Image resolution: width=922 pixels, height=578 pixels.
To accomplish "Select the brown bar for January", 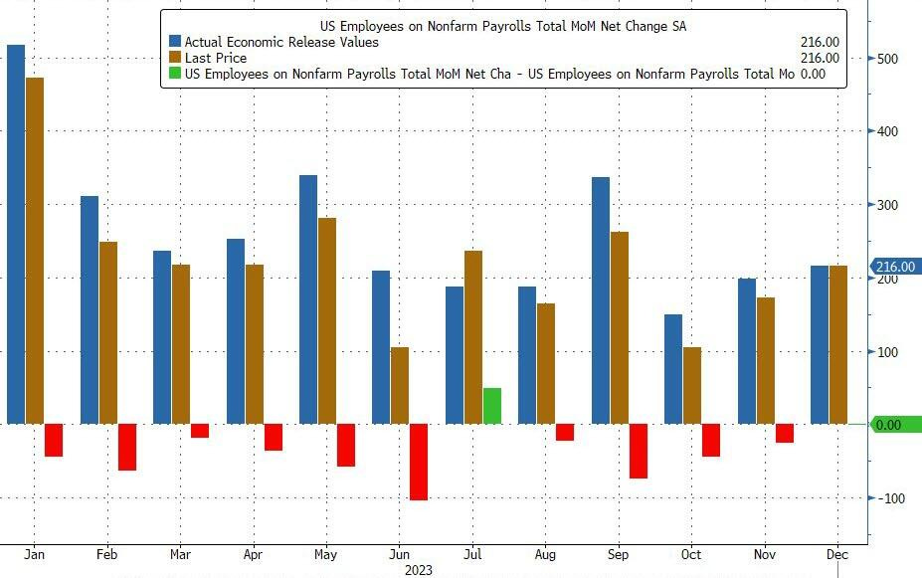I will [x=35, y=251].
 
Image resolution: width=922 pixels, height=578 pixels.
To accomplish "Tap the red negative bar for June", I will [x=419, y=462].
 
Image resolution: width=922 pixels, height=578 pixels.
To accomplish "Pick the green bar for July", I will [x=492, y=406].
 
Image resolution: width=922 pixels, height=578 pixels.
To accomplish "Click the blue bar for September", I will [x=601, y=300].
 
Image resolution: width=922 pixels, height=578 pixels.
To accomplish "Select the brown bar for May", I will [x=327, y=320].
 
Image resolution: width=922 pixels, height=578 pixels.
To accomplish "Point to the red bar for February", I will [x=126, y=447].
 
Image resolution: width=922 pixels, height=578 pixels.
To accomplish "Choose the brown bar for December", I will [x=838, y=344].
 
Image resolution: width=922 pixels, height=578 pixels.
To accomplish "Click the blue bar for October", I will [x=674, y=369].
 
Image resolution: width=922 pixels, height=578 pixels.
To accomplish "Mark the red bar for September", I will [x=638, y=451].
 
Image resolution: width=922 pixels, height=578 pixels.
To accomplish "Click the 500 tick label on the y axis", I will [x=889, y=59].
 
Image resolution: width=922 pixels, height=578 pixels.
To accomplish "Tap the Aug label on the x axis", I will [x=545, y=554].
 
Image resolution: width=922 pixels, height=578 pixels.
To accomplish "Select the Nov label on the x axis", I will [x=765, y=554].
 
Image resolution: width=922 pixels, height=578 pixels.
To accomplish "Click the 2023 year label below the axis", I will [x=419, y=570].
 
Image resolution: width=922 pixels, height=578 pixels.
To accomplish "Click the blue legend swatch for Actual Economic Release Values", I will [x=175, y=43].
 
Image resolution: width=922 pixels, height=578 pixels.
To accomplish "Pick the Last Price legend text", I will [x=216, y=58].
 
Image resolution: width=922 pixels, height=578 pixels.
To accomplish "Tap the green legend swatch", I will [x=175, y=74].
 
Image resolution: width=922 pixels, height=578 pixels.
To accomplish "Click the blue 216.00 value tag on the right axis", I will [x=895, y=267].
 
